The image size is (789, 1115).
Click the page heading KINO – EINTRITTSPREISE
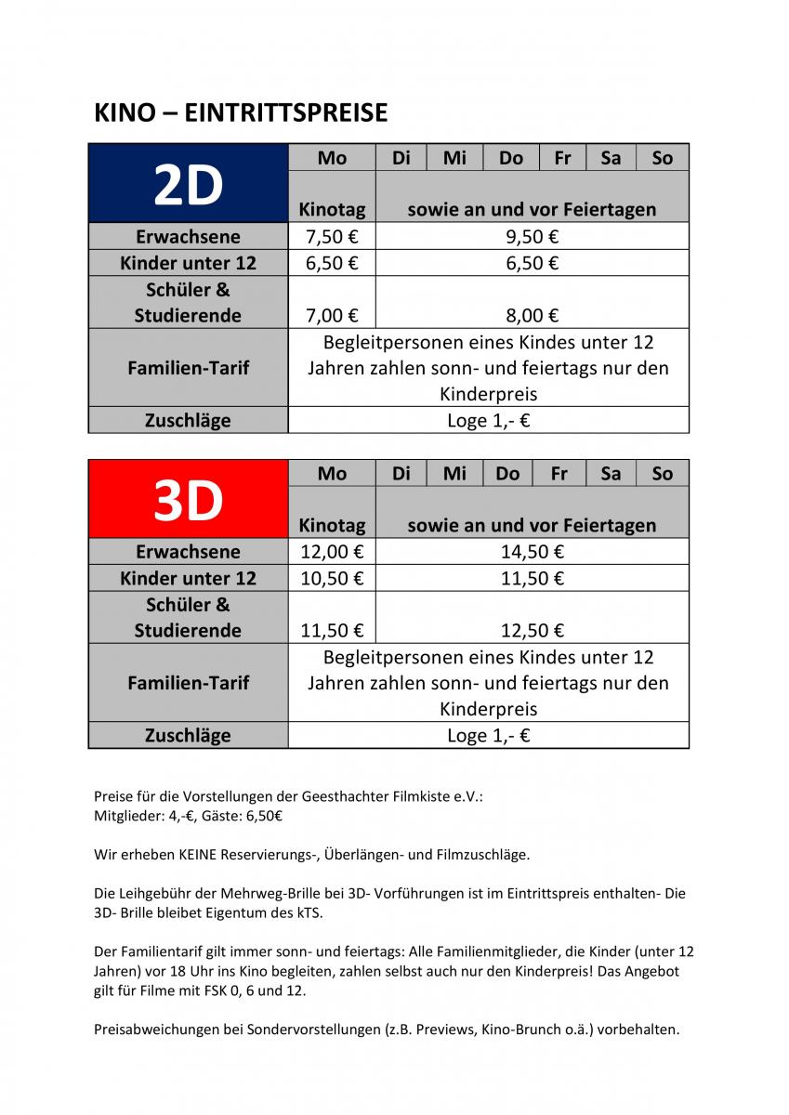tap(241, 113)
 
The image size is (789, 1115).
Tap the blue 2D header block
tap(189, 184)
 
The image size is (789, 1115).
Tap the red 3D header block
tap(189, 500)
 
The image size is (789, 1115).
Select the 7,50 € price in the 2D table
tap(332, 237)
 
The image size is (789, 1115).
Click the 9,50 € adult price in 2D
tap(533, 237)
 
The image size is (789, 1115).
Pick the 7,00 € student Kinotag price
tap(332, 316)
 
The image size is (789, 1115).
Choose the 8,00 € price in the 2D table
tap(533, 316)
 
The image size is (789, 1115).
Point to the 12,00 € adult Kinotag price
tap(332, 552)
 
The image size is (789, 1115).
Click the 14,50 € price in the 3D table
tap(533, 552)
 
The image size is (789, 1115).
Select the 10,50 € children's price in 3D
tap(332, 578)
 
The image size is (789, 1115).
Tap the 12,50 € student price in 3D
tap(533, 631)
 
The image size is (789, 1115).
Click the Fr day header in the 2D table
tap(562, 158)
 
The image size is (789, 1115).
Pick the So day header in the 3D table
tap(662, 474)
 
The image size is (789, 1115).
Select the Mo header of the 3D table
tap(332, 474)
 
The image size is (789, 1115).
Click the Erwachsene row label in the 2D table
tap(188, 237)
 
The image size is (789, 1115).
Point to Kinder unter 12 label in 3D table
tap(188, 578)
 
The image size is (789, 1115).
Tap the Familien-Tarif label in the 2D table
tap(188, 368)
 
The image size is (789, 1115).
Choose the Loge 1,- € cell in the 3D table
tap(488, 736)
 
